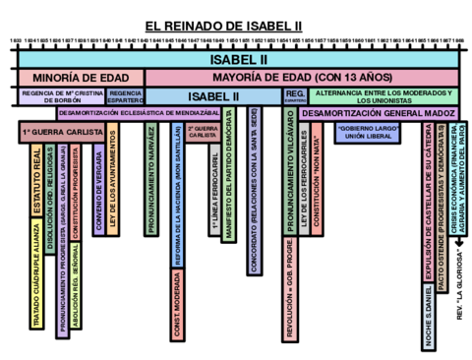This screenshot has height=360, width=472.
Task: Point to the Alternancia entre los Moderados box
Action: point(383,96)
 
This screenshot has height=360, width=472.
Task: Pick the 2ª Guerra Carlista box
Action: point(202,133)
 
